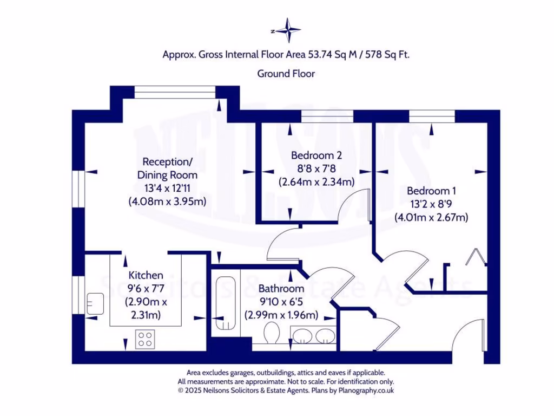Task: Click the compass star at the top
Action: click(x=289, y=30)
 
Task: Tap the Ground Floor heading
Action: click(x=286, y=74)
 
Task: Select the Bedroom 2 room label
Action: click(x=316, y=155)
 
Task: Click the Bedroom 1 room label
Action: click(x=431, y=191)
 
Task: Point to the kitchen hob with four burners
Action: click(x=145, y=339)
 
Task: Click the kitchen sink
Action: click(x=95, y=303)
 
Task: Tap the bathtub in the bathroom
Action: click(x=226, y=303)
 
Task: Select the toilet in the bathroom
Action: click(x=272, y=332)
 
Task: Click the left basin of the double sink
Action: click(x=302, y=336)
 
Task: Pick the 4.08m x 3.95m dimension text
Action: click(x=167, y=201)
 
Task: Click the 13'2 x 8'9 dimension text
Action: click(x=431, y=204)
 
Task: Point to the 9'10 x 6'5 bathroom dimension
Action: click(x=281, y=302)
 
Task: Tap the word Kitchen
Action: click(x=146, y=275)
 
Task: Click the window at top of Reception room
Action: click(x=175, y=92)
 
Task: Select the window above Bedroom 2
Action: click(x=327, y=116)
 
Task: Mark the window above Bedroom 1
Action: click(x=432, y=116)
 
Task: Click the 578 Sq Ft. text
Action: click(x=387, y=55)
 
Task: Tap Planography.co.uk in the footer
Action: click(x=366, y=391)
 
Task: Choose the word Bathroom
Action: click(x=281, y=289)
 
